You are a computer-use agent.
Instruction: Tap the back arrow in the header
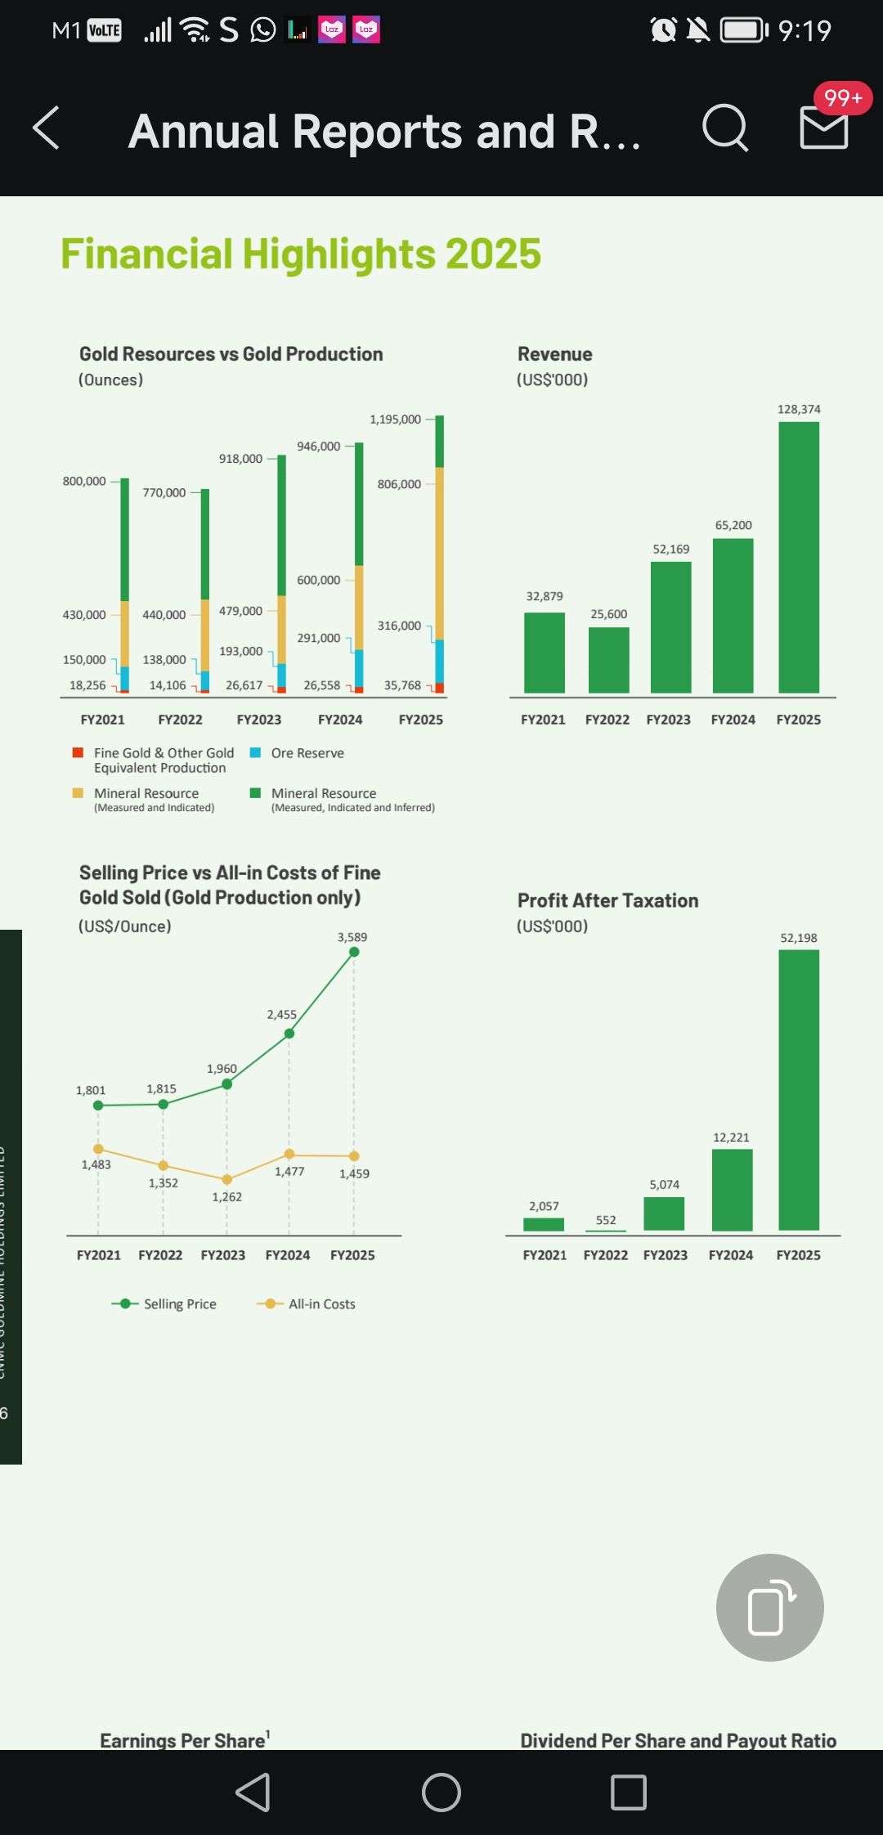47,128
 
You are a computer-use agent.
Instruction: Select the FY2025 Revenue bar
799,558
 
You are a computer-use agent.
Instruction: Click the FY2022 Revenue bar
608,661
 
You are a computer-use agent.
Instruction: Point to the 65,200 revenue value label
733,525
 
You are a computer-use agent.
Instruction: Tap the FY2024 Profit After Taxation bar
732,1190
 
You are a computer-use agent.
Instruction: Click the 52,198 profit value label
799,938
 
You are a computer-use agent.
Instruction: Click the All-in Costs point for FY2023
227,1179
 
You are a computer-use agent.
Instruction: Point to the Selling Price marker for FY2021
98,1106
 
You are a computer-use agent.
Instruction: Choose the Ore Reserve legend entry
298,753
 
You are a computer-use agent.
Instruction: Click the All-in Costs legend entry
307,1304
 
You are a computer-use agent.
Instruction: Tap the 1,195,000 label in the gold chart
395,419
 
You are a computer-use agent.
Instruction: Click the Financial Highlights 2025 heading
301,253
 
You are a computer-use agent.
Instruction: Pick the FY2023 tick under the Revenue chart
668,720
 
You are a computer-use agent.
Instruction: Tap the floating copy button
769,1607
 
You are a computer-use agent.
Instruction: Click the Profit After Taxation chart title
607,900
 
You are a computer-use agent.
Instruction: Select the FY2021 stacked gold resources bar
124,585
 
